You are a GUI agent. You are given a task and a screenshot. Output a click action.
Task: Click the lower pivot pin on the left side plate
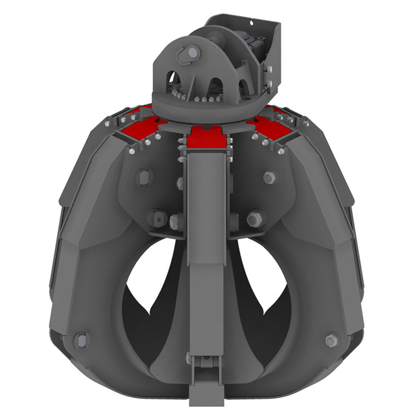pos(158,218)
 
